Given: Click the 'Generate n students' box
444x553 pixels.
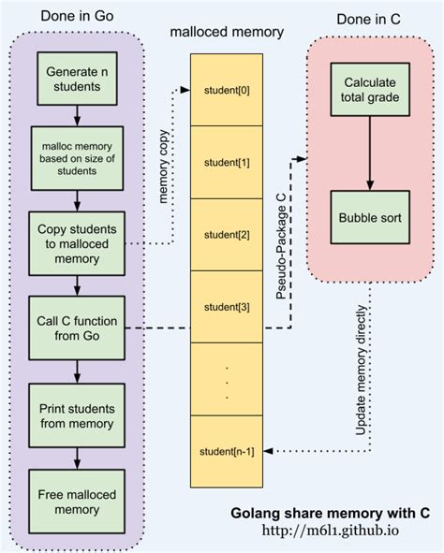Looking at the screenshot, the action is [77, 79].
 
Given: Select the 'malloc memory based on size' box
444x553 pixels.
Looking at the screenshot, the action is [77, 158].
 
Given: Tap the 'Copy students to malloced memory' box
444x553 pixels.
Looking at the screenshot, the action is [77, 243].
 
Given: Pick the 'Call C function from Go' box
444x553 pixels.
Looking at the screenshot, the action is [77, 328].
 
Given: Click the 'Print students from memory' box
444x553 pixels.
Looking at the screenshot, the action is [77, 415].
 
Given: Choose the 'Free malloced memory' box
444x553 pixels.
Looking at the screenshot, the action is [77, 502].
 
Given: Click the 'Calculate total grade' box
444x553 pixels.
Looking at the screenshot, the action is [370, 90].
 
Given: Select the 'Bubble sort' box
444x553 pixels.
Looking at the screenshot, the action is [370, 217].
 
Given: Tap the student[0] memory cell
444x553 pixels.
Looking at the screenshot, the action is [227, 90].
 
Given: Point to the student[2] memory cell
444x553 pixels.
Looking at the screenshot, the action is [227, 235].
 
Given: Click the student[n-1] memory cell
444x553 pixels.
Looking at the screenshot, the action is [227, 451].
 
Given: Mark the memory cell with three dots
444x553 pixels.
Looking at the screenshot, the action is [227, 379].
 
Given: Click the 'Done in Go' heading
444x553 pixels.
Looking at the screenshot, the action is [77, 16].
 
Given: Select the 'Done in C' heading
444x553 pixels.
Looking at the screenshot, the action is [368, 19].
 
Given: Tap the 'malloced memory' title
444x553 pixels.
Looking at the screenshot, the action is [227, 32].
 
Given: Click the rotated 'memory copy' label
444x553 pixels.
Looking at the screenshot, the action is [163, 167].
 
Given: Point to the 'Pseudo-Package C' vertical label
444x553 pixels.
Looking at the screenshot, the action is [281, 247].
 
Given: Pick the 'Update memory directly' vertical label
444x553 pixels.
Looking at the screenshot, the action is [361, 371].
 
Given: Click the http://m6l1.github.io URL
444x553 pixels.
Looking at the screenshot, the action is [331, 531].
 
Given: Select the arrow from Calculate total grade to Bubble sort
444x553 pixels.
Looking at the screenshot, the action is [370, 153].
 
